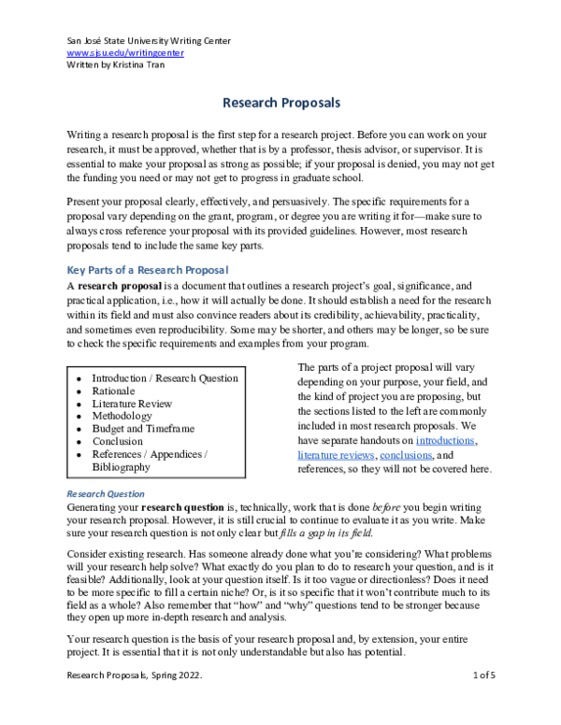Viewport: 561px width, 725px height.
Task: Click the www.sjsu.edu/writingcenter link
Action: tap(125, 53)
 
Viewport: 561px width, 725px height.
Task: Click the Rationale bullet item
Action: tap(113, 391)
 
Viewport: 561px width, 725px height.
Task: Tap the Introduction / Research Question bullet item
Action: tap(165, 378)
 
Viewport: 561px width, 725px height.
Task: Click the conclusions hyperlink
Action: tap(408, 454)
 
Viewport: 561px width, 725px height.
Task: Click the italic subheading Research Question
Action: tap(106, 493)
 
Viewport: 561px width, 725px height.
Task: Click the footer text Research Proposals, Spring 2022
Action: tap(130, 701)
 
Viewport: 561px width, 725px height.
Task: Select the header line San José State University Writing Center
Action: tap(149, 41)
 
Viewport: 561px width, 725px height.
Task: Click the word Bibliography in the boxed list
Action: tap(121, 466)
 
